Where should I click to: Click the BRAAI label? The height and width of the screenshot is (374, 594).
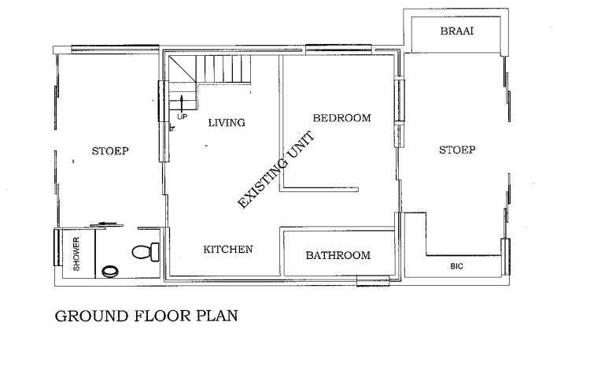[457, 31]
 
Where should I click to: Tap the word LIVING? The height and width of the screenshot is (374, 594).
[227, 123]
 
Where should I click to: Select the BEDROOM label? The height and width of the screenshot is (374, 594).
[341, 118]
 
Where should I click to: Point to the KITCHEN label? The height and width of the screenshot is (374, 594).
[227, 250]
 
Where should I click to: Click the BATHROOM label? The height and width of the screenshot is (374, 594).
[338, 255]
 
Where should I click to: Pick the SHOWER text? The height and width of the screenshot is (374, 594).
[76, 254]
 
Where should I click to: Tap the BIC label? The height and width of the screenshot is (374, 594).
[456, 266]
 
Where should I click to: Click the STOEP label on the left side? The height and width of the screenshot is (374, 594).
[110, 151]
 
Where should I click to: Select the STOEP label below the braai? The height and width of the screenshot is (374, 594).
[457, 150]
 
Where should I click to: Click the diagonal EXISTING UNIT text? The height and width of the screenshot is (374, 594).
[276, 169]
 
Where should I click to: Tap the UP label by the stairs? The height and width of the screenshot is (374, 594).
[183, 117]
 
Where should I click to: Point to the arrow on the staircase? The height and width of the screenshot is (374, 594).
[182, 102]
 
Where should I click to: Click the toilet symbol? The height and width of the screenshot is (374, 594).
[146, 251]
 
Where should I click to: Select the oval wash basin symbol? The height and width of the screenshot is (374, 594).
[110, 271]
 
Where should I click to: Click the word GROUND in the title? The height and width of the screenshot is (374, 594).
[92, 317]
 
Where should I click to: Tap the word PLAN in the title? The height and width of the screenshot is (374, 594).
[216, 316]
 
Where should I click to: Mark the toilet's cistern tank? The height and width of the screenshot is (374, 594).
[155, 252]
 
